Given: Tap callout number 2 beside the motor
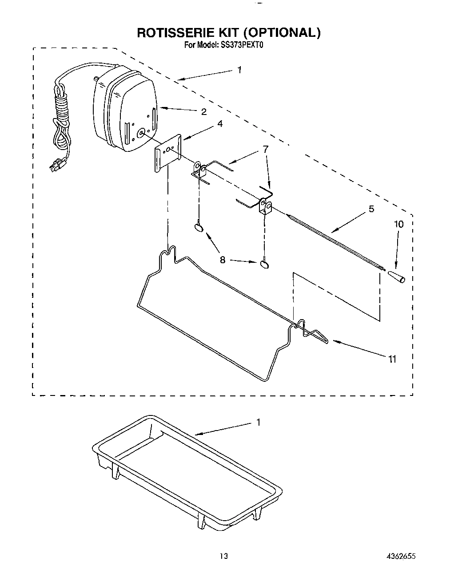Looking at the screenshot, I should click(204, 112).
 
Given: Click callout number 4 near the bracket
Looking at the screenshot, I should click(219, 125).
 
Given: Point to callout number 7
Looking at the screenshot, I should click(265, 150).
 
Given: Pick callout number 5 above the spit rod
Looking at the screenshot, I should click(371, 209).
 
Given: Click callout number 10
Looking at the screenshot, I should click(399, 224).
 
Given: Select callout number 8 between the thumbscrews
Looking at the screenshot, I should click(223, 260).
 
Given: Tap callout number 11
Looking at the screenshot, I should click(392, 359).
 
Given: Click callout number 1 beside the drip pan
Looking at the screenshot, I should click(258, 422).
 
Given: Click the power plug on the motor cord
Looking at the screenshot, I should click(56, 167).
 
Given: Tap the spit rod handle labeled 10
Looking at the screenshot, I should click(397, 277).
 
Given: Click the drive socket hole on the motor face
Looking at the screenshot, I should click(141, 132).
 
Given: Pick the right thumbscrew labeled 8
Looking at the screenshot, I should click(265, 265).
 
